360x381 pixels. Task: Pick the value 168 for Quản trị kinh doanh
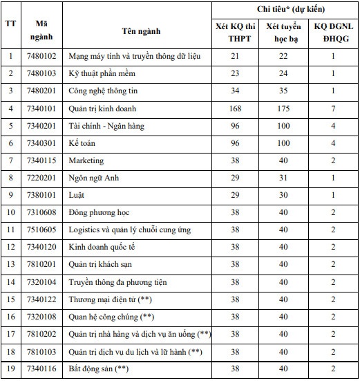click(x=235, y=108)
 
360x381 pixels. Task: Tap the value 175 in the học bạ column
click(x=283, y=108)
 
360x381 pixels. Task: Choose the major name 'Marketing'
click(x=86, y=160)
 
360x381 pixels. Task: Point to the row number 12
click(x=10, y=247)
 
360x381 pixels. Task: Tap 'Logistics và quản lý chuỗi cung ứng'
click(x=130, y=230)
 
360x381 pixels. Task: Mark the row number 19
click(x=10, y=370)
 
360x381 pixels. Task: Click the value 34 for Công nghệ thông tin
click(x=235, y=91)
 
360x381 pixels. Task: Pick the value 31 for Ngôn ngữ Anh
click(x=283, y=178)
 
